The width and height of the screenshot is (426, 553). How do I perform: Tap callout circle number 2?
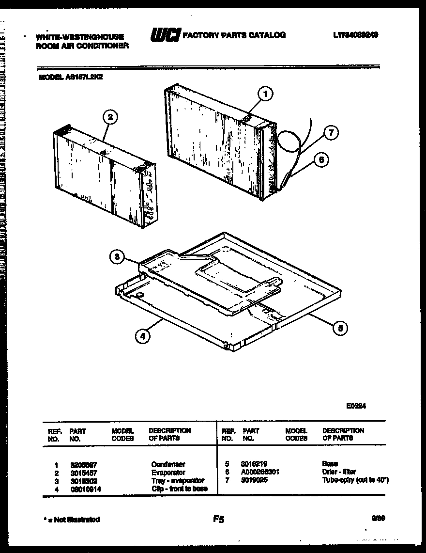pos(110,116)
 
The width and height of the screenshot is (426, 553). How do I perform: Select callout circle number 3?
pos(117,257)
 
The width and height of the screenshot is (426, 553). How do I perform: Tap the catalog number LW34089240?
pos(355,35)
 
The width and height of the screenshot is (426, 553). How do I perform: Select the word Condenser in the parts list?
pos(168,464)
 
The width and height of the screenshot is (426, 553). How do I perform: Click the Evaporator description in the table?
pos(168,473)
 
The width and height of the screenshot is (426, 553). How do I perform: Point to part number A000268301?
pos(260,472)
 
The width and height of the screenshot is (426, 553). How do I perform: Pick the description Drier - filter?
pos(339,472)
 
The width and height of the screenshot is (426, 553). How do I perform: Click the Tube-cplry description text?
pos(355,480)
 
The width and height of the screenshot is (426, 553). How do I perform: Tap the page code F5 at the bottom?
pos(218,520)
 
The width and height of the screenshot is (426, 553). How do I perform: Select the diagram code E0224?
pos(356,407)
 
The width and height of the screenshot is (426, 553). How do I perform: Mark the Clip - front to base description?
pos(179,489)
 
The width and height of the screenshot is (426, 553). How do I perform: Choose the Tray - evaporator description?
pos(178,481)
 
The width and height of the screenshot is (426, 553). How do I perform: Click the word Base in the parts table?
pos(330,464)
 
